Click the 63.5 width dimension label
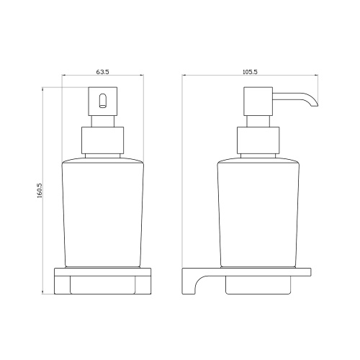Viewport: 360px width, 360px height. [102, 72]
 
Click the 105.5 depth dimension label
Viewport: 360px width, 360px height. [250, 72]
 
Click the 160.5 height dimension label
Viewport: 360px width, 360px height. [40, 191]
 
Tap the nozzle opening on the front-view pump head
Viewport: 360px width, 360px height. [102, 100]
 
